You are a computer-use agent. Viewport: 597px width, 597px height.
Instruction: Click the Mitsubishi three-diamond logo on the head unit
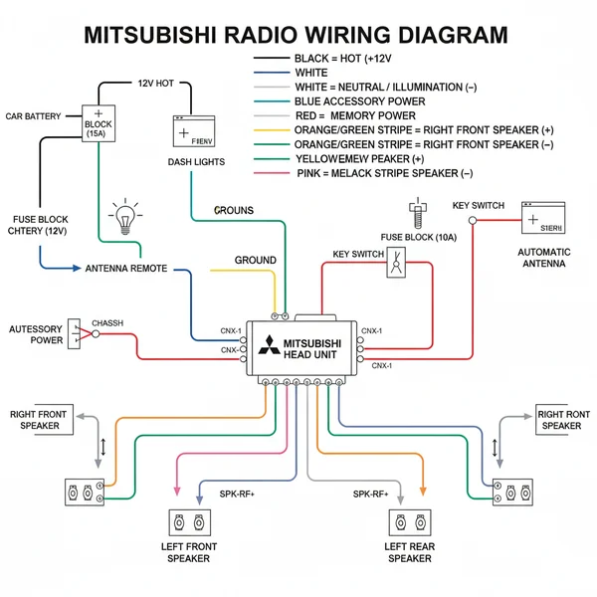tap(268, 346)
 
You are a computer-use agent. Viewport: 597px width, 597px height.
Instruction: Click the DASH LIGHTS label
tap(196, 161)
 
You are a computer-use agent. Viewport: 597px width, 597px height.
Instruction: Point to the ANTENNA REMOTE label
tap(126, 269)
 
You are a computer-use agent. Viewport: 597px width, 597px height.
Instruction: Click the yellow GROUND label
tap(255, 260)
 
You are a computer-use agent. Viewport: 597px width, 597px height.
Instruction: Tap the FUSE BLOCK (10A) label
tap(417, 237)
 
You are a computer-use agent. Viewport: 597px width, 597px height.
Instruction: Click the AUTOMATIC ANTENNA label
tap(544, 258)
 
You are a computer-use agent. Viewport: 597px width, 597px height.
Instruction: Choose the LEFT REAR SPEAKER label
tap(408, 552)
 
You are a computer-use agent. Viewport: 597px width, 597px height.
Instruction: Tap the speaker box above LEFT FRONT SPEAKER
tap(188, 522)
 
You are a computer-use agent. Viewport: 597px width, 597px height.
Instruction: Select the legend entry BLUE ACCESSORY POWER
tap(360, 101)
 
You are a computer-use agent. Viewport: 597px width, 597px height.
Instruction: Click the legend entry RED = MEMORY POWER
tap(355, 115)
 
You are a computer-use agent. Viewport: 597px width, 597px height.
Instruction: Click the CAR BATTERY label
tap(33, 116)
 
